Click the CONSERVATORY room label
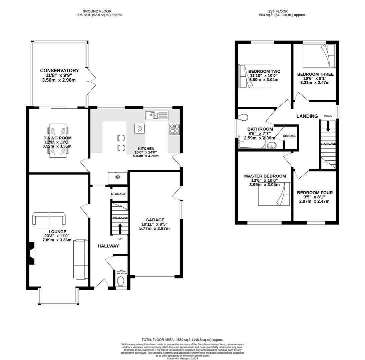59,71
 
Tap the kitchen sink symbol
156,116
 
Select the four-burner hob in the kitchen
174,129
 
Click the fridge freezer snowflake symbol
117,177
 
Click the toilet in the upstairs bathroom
244,117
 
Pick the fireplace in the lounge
32,253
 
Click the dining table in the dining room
58,140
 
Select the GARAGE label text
155,220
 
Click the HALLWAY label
108,246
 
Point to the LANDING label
307,116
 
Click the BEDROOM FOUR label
315,193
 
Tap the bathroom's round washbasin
272,145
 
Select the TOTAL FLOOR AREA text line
182,340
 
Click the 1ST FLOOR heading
278,11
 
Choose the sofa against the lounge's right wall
81,259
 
